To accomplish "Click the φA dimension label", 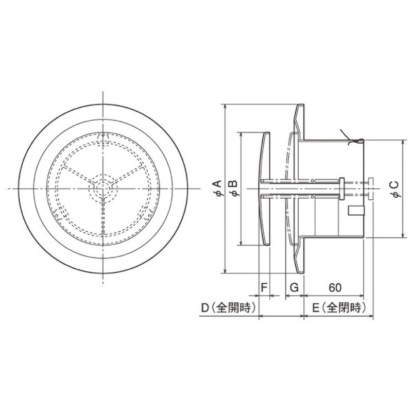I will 218,188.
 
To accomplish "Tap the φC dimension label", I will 394,188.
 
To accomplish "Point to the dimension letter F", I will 264,287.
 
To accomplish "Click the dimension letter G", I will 293,287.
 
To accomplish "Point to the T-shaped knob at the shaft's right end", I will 371,188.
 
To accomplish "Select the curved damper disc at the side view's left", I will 264,188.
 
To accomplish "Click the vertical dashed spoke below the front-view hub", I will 104,216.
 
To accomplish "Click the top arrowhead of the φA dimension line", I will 226,105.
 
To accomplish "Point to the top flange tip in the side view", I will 300,106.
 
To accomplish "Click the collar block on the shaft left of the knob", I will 341,188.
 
